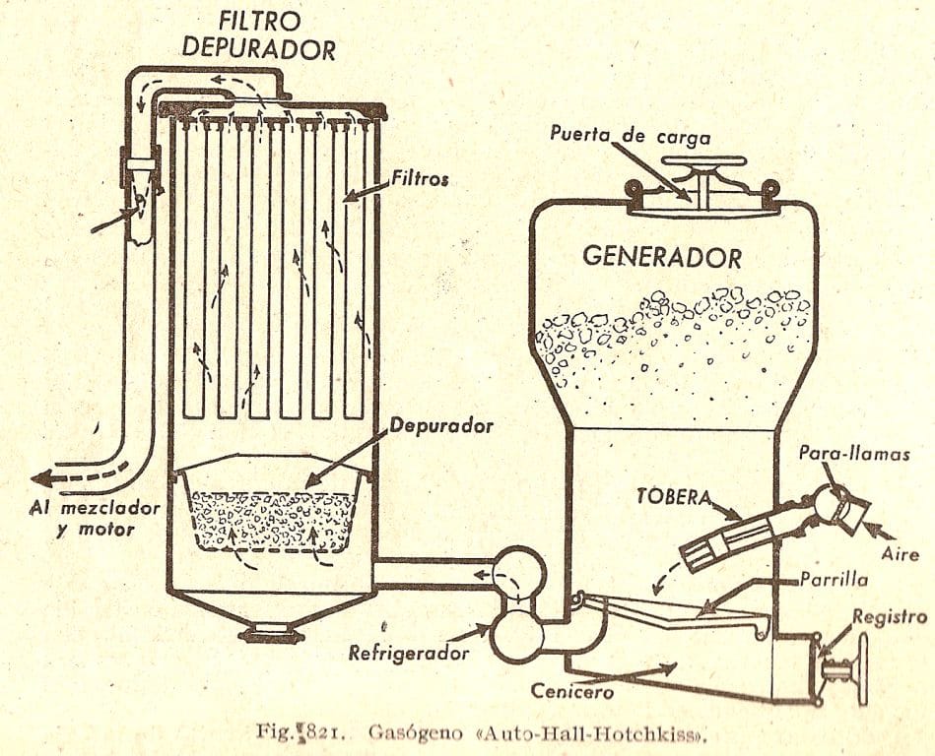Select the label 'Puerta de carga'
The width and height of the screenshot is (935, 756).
(x=631, y=135)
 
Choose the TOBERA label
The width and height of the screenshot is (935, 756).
(x=674, y=496)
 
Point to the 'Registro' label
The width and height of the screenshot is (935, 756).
(x=889, y=617)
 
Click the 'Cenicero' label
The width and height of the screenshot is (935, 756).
(x=572, y=691)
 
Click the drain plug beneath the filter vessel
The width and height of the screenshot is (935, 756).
(x=271, y=631)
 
